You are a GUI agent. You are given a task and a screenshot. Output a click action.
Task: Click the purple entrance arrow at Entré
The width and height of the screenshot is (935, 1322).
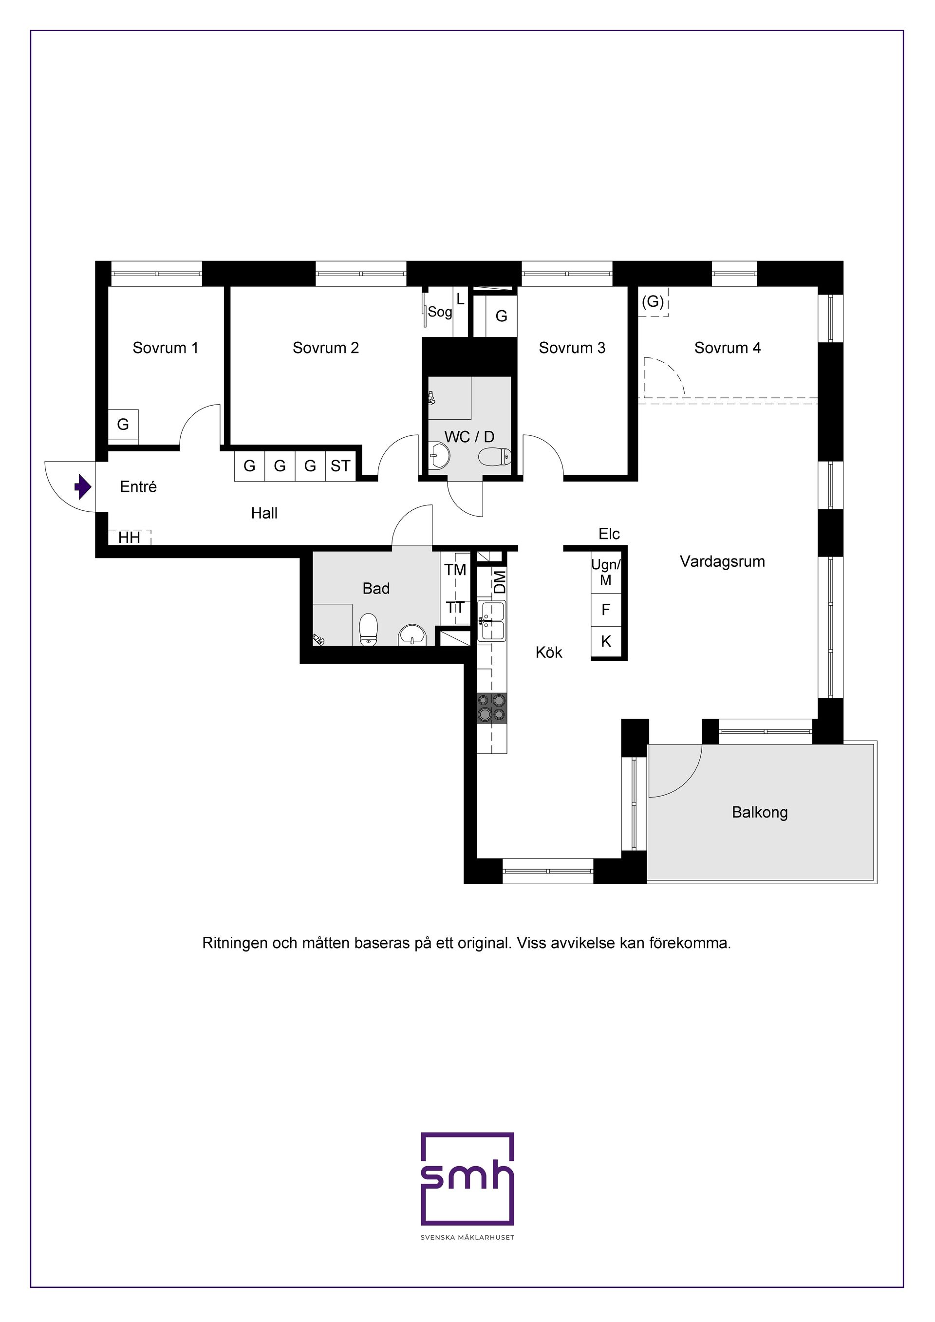click(x=83, y=487)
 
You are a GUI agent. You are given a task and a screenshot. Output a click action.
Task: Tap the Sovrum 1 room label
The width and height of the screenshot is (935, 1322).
click(x=165, y=348)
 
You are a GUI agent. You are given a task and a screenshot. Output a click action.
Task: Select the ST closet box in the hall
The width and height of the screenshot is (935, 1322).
click(x=340, y=466)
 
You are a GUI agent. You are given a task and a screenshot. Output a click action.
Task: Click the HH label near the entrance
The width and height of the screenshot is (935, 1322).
click(x=130, y=538)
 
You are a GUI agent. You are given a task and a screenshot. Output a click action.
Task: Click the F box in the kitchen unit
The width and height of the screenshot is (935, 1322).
click(x=606, y=610)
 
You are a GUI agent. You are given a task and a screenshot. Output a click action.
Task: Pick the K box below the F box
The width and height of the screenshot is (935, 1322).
click(x=606, y=641)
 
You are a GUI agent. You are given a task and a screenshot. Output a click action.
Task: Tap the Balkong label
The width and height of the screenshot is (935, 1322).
click(x=759, y=812)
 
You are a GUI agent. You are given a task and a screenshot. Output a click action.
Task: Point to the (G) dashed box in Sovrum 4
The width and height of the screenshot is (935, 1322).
click(x=653, y=302)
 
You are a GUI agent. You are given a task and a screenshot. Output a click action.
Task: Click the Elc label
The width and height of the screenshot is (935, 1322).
click(x=609, y=534)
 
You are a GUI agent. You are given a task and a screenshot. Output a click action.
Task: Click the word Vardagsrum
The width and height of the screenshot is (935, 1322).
click(x=722, y=561)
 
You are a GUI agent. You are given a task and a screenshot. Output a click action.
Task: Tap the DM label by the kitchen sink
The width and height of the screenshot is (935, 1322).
click(x=500, y=581)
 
